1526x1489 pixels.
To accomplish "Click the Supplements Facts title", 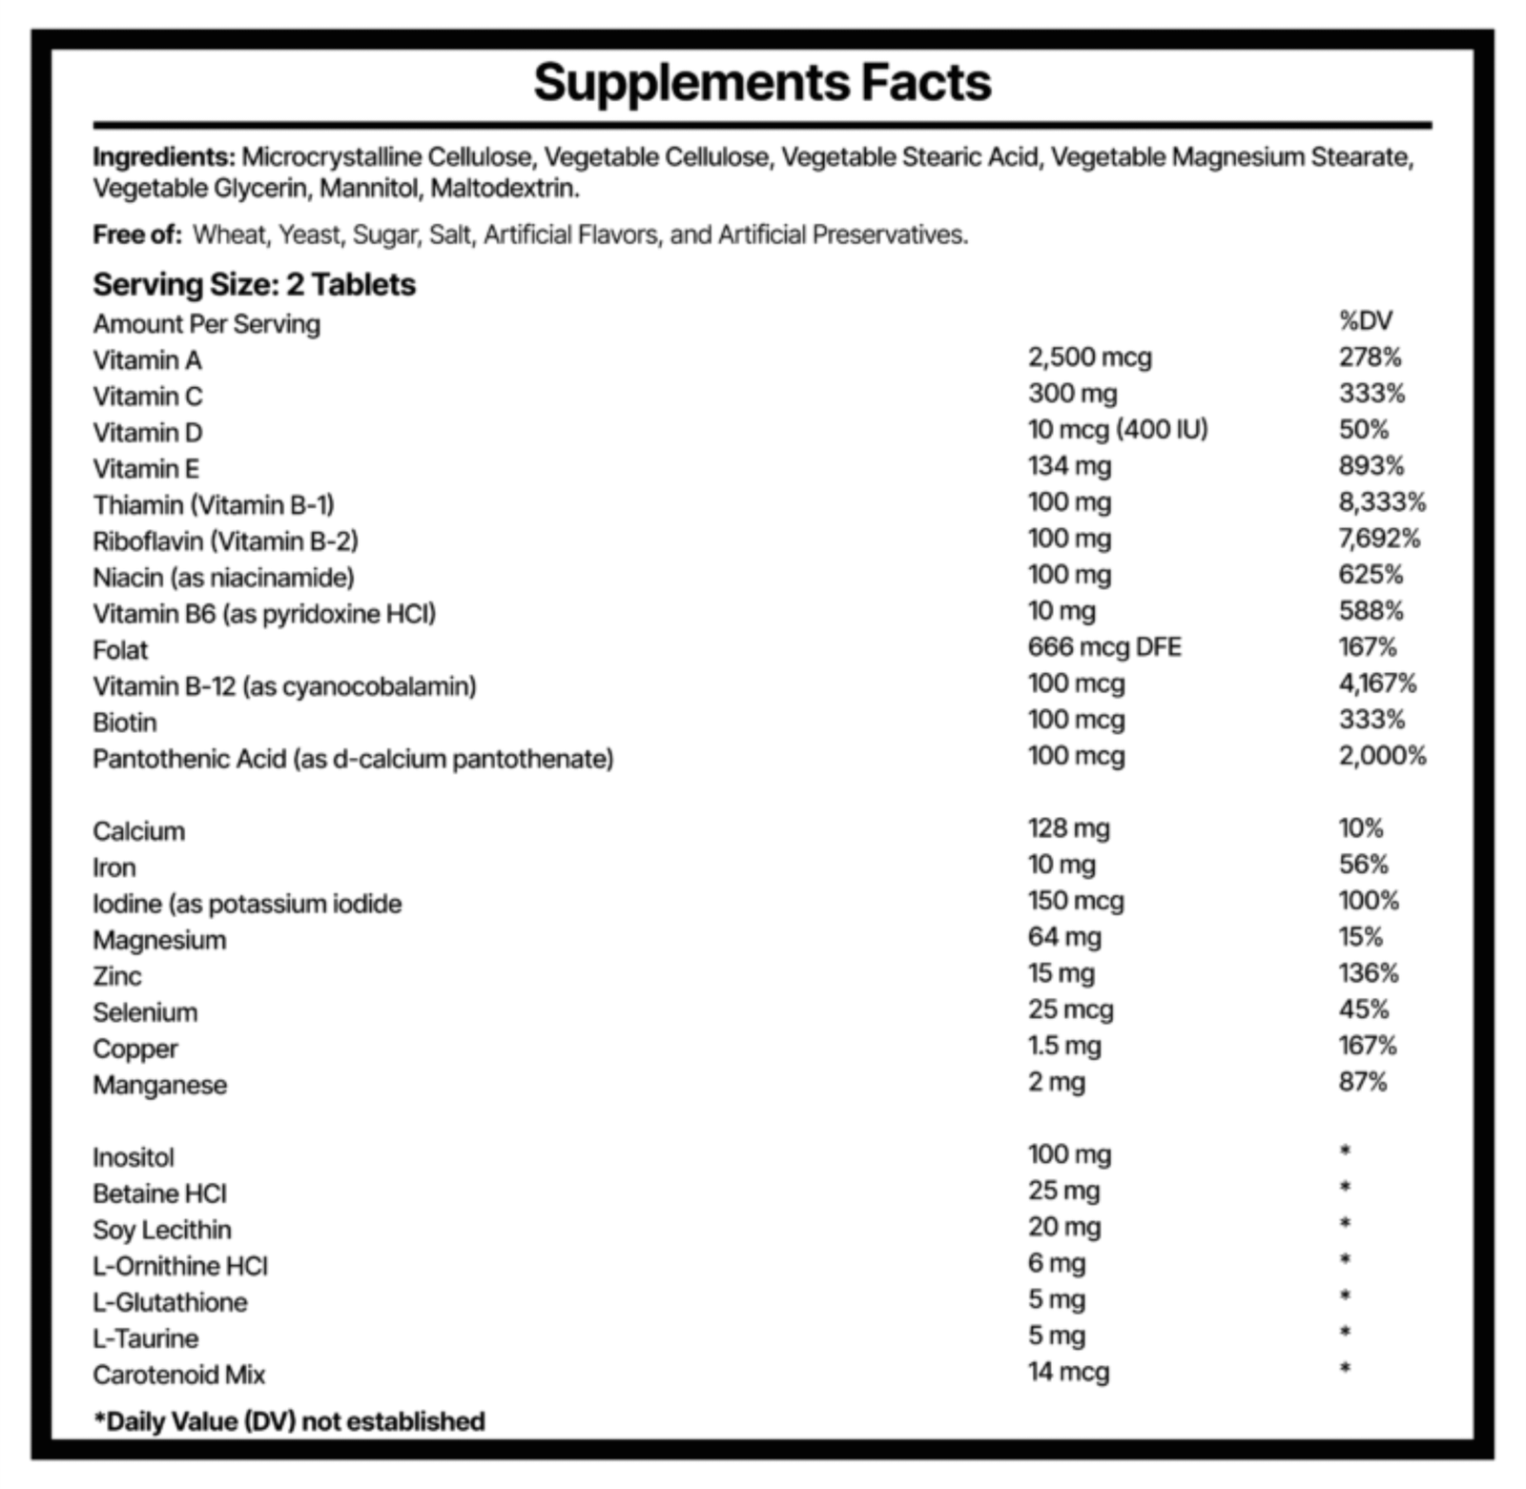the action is pos(762,83).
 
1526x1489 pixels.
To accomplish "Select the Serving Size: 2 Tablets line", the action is pos(254,284).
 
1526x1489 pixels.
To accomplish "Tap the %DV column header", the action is pos(1366,321).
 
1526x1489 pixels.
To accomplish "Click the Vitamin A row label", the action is pos(147,360).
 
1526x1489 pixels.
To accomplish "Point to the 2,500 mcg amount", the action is pos(1090,357).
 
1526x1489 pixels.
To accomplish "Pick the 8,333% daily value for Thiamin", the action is pos(1383,502).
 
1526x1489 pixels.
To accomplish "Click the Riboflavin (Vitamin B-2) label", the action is pos(225,541).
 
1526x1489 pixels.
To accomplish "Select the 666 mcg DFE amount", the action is pos(1104,647).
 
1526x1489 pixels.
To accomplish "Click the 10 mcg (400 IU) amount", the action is pos(1118,430).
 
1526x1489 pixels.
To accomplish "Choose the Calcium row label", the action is pos(139,831).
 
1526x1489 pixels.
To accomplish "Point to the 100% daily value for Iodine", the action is pos(1369,901).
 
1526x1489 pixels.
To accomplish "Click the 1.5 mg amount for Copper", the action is pos(1064,1047).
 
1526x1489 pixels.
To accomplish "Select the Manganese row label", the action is pos(160,1086).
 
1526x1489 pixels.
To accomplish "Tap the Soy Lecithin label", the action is pos(162,1230).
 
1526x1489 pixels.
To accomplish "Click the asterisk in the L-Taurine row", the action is pos(1345,1332).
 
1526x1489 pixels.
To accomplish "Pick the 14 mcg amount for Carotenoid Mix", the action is pos(1069,1373).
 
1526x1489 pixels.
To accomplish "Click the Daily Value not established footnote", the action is pos(289,1421).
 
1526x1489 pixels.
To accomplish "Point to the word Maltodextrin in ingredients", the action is pos(505,189).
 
